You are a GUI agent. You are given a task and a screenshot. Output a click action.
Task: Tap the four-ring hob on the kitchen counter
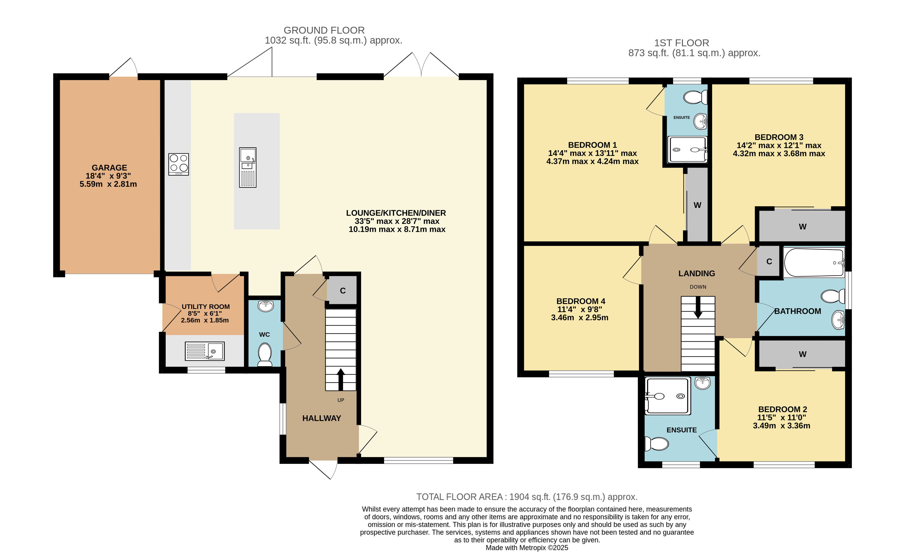(x=178, y=164)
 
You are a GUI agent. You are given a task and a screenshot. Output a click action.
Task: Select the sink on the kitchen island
(x=247, y=168)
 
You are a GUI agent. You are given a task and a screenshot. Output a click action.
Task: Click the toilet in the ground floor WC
(x=265, y=354)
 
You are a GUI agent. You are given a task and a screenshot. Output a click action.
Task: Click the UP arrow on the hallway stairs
(x=341, y=379)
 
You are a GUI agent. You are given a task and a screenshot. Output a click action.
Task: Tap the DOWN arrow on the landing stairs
(x=698, y=307)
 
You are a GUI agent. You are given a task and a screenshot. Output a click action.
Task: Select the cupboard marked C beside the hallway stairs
(x=342, y=290)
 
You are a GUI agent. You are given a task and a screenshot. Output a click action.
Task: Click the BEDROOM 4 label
(x=581, y=301)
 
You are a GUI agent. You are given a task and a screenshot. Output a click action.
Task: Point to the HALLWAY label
(x=322, y=418)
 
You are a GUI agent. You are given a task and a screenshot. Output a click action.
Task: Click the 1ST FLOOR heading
(x=682, y=43)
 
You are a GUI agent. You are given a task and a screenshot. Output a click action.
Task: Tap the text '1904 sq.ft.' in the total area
(x=530, y=497)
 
